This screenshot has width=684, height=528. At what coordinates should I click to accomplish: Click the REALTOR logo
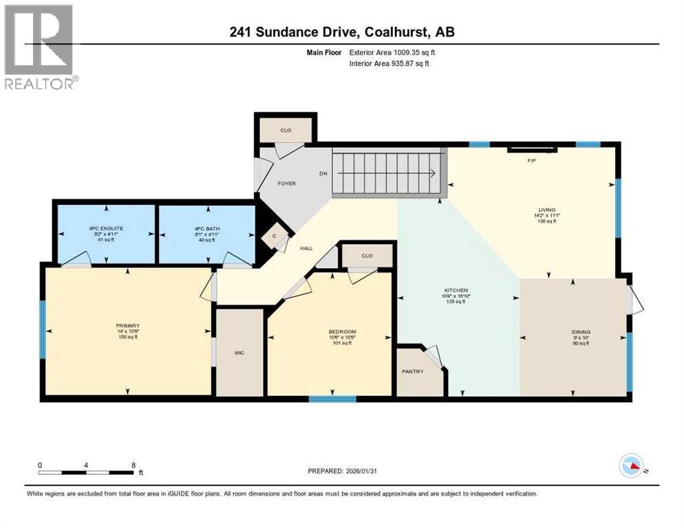tap(39, 47)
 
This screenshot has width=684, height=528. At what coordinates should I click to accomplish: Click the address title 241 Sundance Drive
tap(342, 32)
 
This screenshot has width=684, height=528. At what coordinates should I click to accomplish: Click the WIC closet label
tap(239, 353)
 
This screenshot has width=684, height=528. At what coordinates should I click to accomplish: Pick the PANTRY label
tap(412, 372)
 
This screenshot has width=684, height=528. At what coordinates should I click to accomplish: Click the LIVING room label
tap(547, 210)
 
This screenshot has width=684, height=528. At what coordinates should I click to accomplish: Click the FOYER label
tap(286, 184)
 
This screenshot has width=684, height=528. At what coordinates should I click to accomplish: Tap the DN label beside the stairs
tap(322, 174)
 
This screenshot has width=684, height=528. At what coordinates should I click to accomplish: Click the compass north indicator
tap(631, 465)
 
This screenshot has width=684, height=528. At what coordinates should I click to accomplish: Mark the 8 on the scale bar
tap(133, 465)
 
